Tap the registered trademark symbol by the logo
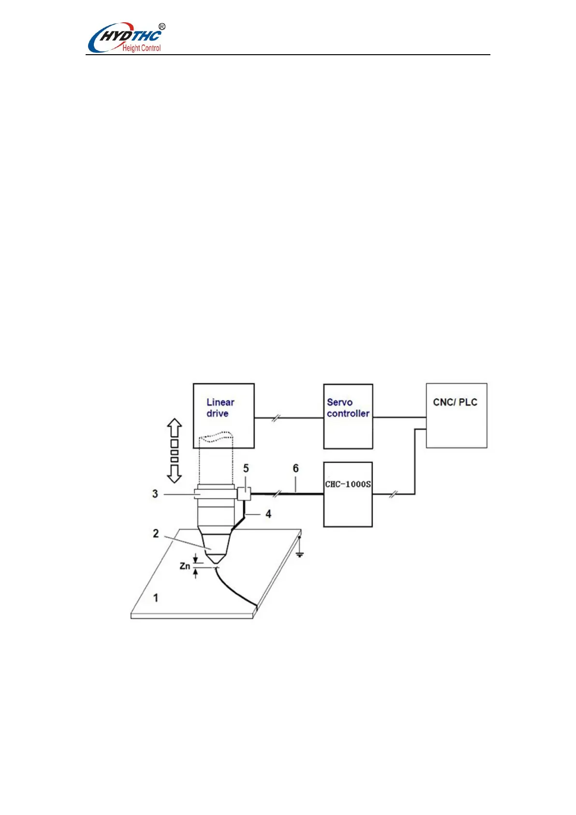[162, 27]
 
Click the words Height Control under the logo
[141, 48]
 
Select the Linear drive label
[220, 407]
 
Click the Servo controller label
[348, 407]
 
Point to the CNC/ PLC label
[455, 402]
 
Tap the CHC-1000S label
[348, 484]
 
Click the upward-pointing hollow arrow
[174, 428]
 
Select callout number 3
[155, 494]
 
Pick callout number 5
[246, 468]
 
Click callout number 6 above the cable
[295, 468]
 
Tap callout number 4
[268, 514]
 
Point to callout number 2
[156, 533]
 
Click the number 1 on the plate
[156, 598]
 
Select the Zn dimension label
[185, 566]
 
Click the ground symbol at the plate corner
[300, 554]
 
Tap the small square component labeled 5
[244, 494]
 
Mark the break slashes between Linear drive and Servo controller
[275, 418]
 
